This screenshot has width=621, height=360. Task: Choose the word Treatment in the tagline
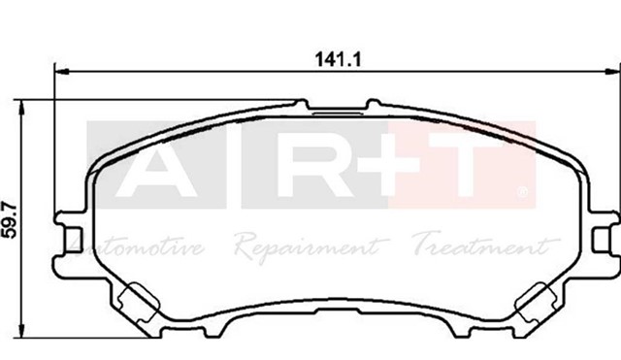point(482,245)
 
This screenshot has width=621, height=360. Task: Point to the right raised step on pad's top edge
point(373,103)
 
